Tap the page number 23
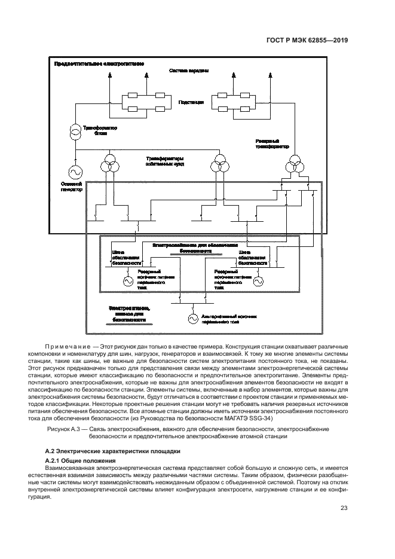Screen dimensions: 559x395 344,509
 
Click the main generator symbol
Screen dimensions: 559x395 76,170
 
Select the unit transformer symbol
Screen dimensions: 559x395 76,131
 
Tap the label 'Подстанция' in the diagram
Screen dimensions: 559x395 191,102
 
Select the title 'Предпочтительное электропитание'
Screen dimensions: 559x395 99,63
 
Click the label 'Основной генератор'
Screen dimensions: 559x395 71,186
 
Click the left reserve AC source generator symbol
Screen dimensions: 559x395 127,280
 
